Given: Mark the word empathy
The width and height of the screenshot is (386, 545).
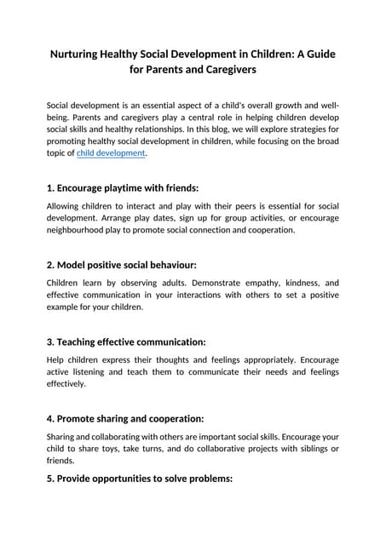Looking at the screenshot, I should click(254, 282).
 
